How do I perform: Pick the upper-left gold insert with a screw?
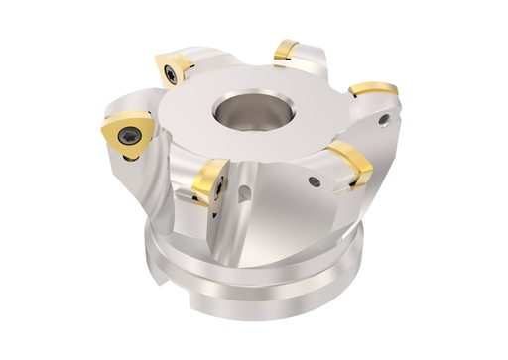click(x=174, y=69)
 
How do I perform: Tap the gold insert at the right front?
click(x=350, y=163)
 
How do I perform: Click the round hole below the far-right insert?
click(x=383, y=120)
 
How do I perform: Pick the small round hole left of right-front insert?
click(x=315, y=181)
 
